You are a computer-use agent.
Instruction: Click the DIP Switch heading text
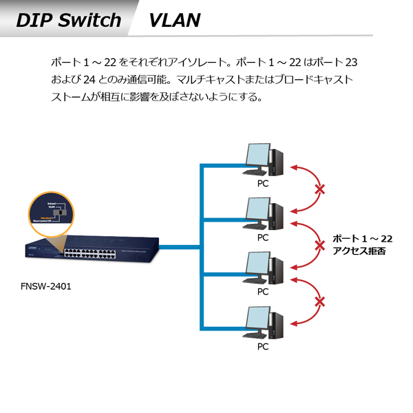pyautogui.click(x=69, y=20)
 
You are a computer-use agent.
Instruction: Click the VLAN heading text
pyautogui.click(x=175, y=20)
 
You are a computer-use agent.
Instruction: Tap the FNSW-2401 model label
pyautogui.click(x=46, y=284)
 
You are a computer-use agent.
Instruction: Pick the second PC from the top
pyautogui.click(x=266, y=214)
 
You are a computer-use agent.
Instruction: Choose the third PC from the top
pyautogui.click(x=266, y=268)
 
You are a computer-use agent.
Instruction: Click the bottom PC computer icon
pyautogui.click(x=266, y=322)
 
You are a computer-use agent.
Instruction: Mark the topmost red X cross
pyautogui.click(x=319, y=189)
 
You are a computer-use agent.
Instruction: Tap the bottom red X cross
pyautogui.click(x=319, y=301)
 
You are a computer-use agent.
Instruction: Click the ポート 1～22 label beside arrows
pyautogui.click(x=362, y=238)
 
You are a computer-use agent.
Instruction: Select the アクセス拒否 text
pyautogui.click(x=359, y=252)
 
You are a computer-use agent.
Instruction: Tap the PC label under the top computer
pyautogui.click(x=262, y=184)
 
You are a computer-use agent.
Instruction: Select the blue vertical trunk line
pyautogui.click(x=200, y=248)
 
